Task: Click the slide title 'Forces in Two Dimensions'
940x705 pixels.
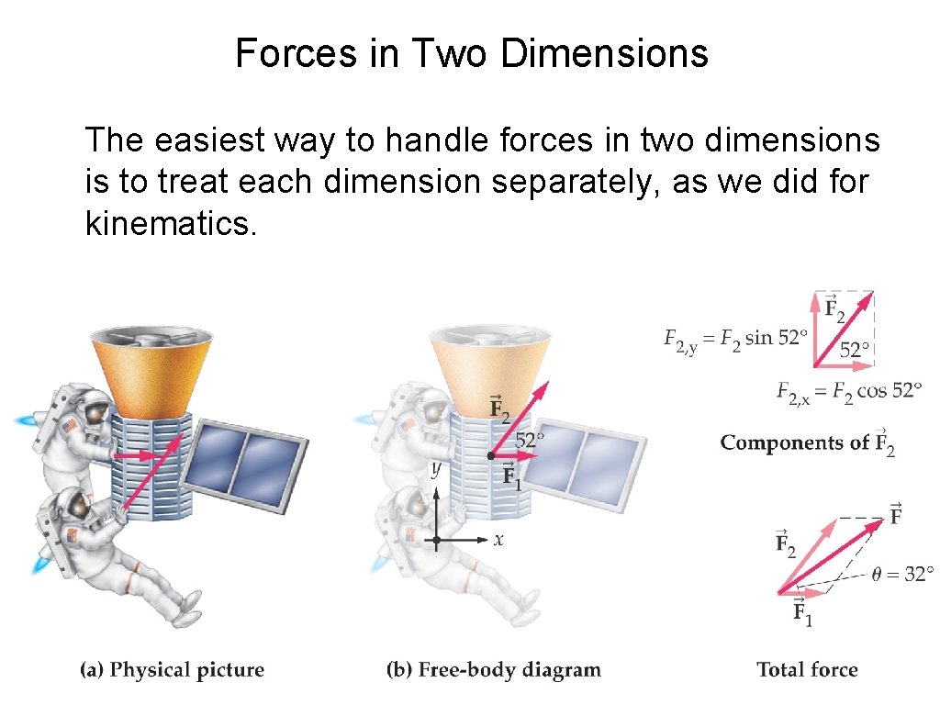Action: tap(472, 53)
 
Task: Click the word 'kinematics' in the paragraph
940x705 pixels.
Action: tap(166, 223)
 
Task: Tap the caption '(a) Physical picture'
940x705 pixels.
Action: tap(172, 670)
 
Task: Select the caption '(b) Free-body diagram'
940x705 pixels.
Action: tap(494, 670)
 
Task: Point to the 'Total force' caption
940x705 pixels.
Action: tap(807, 670)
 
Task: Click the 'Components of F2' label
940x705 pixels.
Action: tap(807, 442)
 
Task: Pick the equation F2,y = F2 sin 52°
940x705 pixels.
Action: tap(735, 339)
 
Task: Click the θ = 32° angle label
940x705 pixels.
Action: tap(902, 576)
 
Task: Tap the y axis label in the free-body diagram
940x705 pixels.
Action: tap(435, 470)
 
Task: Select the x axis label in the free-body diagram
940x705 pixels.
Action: tap(498, 541)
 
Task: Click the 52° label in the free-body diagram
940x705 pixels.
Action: tap(530, 440)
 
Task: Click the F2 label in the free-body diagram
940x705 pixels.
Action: tap(499, 408)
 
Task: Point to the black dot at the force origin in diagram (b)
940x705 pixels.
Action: tap(491, 455)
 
